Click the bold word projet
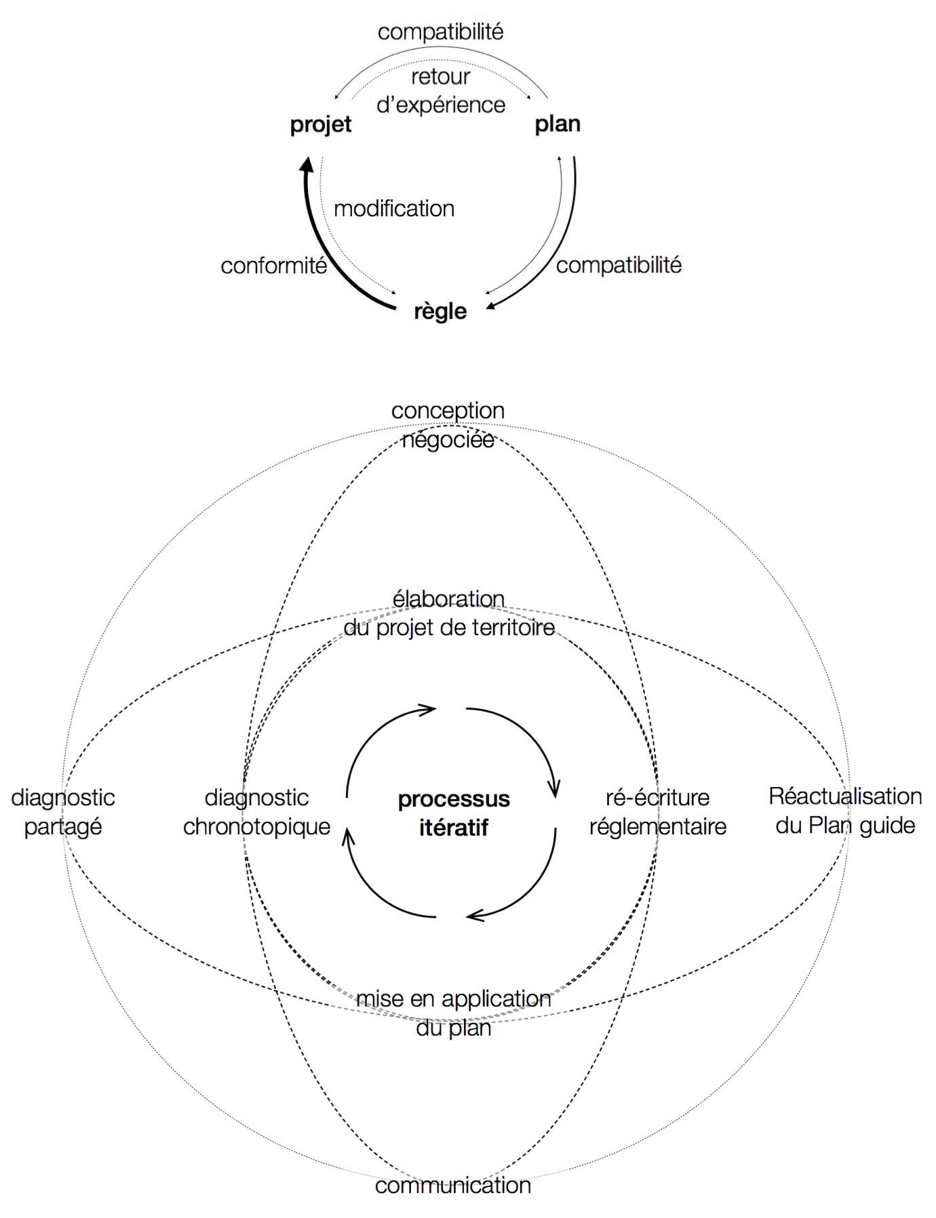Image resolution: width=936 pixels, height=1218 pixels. coord(321,125)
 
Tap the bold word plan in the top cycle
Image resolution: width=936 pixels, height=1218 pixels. coord(558,124)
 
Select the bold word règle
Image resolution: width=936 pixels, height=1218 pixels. coord(440,312)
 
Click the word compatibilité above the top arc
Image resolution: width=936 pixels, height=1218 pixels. coord(440,32)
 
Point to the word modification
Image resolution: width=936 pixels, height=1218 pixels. coord(394,209)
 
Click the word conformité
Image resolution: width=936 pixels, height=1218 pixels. coord(274,266)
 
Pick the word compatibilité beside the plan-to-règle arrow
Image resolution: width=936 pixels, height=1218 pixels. coord(619,265)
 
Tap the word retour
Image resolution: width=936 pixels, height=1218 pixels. coord(440,77)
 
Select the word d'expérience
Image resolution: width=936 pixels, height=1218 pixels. coord(441,105)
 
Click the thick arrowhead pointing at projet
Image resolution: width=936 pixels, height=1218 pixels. coord(307,164)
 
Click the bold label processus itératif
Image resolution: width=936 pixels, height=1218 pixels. coord(454,813)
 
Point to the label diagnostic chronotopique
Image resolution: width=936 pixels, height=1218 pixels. coord(256,812)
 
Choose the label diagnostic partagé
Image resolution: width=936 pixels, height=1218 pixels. coord(63,812)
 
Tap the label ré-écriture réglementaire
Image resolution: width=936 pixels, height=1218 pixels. coord(657,812)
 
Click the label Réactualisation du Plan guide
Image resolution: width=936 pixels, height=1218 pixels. coord(845,811)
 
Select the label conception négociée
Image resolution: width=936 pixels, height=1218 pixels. coord(448,425)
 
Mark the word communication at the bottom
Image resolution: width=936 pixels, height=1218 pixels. coord(452,1185)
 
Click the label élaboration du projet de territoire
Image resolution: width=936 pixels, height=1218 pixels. coord(449,613)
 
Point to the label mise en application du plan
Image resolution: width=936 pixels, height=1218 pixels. coord(454,1013)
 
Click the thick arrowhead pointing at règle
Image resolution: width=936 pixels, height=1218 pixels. coord(492,306)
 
